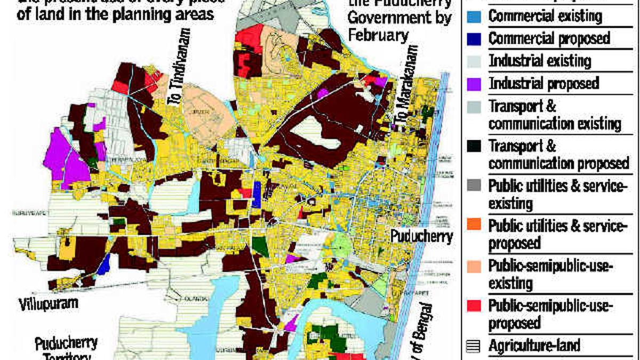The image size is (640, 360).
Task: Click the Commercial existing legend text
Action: point(545,16)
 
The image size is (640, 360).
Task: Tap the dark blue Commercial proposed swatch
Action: point(477,39)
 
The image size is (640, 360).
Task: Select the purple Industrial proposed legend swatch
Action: point(477,84)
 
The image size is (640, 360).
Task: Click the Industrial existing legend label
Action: point(540,61)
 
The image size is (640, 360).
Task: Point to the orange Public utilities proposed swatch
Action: point(477,225)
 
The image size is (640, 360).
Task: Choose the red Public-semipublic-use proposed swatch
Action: point(477,306)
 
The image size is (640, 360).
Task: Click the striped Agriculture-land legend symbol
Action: point(473,346)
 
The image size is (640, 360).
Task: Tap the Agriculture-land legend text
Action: point(534,346)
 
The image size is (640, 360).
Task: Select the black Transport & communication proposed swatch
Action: point(477,146)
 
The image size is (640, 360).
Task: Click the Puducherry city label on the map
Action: point(421,236)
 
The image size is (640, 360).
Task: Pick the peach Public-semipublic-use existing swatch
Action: point(477,266)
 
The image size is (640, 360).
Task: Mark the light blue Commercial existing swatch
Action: point(477,16)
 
